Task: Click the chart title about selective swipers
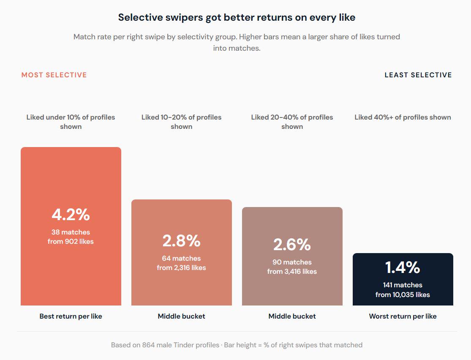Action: (x=237, y=18)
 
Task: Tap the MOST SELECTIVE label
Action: (x=54, y=75)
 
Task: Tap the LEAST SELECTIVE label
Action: (x=418, y=75)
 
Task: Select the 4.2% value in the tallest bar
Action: (x=71, y=215)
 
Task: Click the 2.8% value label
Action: (x=181, y=241)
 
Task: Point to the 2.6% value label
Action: (x=292, y=245)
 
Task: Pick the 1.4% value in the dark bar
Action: (x=403, y=267)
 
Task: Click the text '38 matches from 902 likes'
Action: (x=71, y=237)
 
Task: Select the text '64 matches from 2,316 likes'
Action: (x=181, y=263)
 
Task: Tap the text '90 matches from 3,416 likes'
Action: (x=292, y=267)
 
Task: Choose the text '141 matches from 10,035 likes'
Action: (x=403, y=290)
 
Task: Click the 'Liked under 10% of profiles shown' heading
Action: (x=71, y=122)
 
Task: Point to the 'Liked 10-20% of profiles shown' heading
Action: (x=181, y=122)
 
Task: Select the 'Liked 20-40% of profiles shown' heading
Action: (x=292, y=122)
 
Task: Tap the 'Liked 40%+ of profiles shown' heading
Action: (x=403, y=117)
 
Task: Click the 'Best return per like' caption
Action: (x=71, y=316)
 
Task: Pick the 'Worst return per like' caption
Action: (x=403, y=316)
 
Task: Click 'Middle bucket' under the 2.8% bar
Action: (x=181, y=316)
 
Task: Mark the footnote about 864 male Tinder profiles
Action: (x=237, y=345)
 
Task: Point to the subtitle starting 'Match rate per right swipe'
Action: (x=237, y=42)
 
